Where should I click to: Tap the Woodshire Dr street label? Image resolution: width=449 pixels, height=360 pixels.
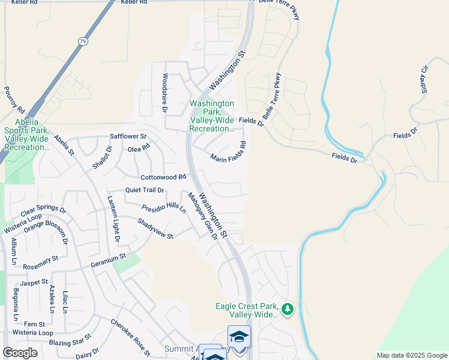(x=164, y=93)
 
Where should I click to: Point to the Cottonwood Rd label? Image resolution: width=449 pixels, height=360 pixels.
(x=163, y=178)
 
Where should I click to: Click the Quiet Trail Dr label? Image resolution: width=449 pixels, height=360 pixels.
(x=145, y=190)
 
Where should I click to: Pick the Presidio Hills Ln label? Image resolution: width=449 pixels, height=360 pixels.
(x=164, y=208)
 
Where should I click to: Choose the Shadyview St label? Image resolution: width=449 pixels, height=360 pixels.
(x=155, y=228)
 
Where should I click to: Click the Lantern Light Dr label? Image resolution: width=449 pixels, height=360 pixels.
(x=113, y=219)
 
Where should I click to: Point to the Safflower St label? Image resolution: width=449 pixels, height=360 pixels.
(x=128, y=137)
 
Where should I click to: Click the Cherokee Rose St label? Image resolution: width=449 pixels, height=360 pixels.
(x=130, y=338)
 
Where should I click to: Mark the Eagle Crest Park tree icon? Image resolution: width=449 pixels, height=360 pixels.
(x=288, y=310)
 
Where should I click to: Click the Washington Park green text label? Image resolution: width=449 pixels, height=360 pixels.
(x=212, y=116)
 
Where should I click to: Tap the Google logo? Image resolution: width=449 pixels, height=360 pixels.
(x=20, y=353)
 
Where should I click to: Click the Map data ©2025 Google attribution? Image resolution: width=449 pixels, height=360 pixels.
(x=412, y=355)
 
